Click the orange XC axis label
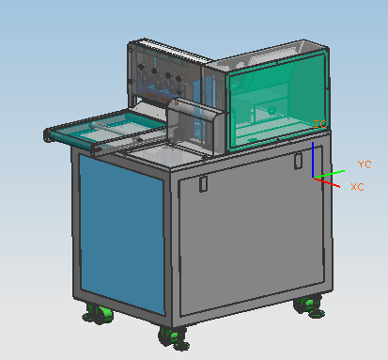(x=357, y=187)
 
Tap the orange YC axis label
(x=365, y=164)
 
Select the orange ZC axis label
(x=319, y=124)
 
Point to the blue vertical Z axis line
(x=313, y=160)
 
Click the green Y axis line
(x=329, y=174)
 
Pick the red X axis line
(x=327, y=182)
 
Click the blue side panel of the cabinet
(x=122, y=233)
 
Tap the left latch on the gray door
(x=203, y=183)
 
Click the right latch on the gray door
(x=298, y=161)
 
